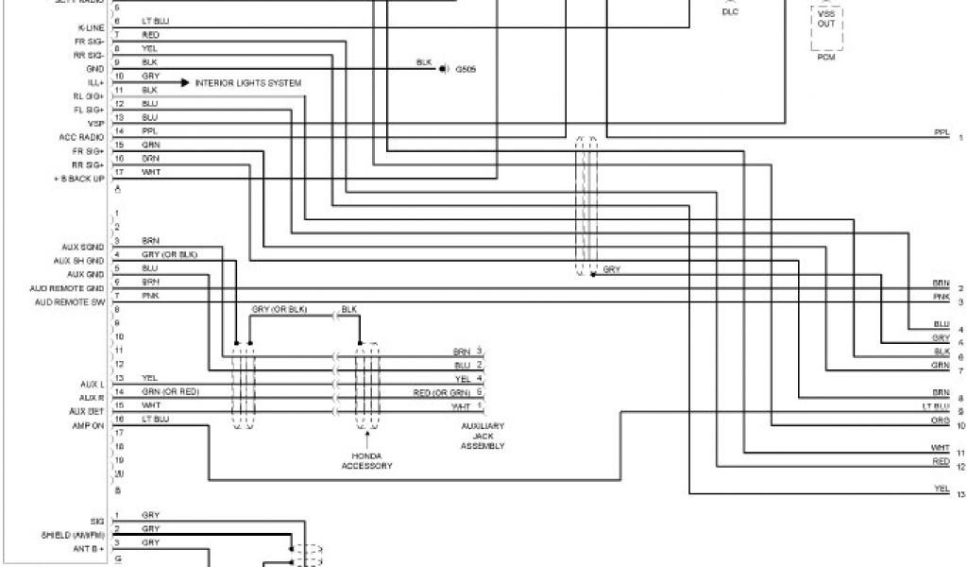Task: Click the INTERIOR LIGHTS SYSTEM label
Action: click(x=248, y=83)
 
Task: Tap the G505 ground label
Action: click(x=466, y=69)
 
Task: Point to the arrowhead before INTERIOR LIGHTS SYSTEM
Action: click(x=185, y=83)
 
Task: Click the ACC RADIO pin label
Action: click(x=81, y=137)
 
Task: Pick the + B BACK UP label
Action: click(x=79, y=179)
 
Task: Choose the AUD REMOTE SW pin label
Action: click(x=69, y=301)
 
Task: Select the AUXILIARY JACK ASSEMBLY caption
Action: click(x=483, y=436)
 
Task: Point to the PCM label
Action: click(x=826, y=57)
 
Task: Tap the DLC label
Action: click(x=730, y=12)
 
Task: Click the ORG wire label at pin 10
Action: click(x=940, y=419)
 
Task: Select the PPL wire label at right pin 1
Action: click(x=941, y=131)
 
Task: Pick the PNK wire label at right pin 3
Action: click(x=941, y=297)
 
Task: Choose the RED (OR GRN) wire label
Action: click(x=441, y=391)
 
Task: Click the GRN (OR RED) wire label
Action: click(x=171, y=390)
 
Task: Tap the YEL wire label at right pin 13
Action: click(x=941, y=488)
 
